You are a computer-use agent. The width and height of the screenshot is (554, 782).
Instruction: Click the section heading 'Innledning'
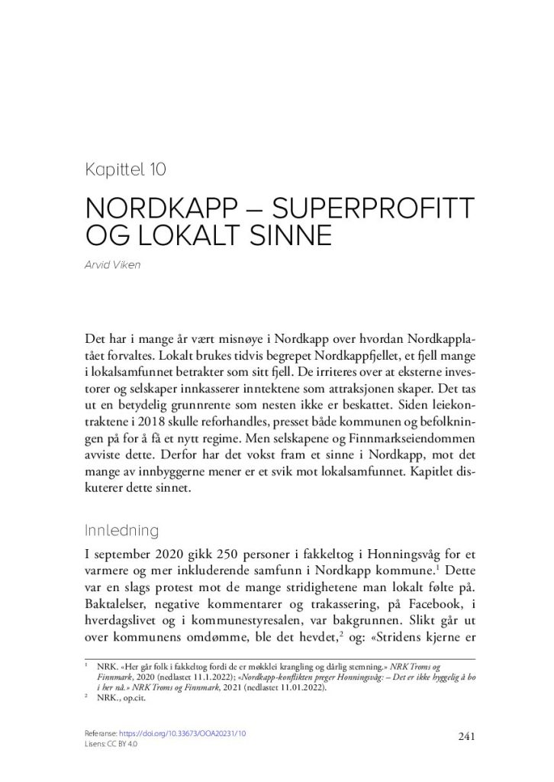(122, 530)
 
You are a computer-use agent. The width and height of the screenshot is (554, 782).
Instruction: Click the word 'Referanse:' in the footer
(105, 733)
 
